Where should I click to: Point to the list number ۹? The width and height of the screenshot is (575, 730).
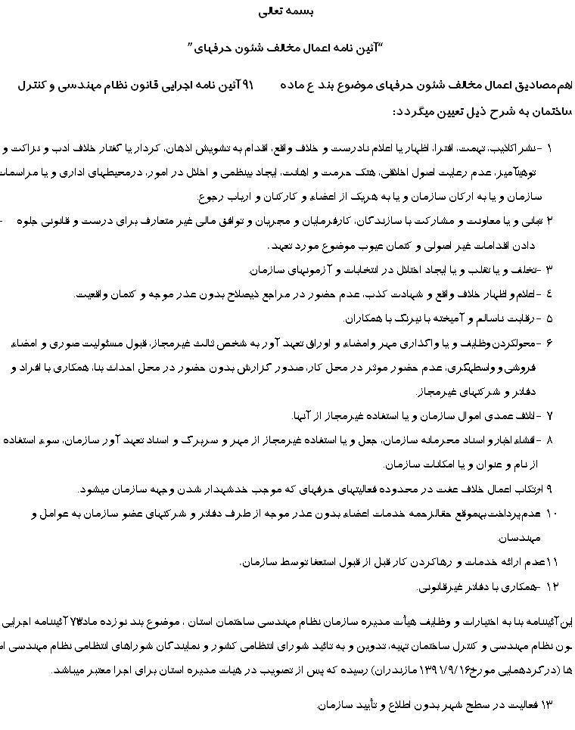coord(549,489)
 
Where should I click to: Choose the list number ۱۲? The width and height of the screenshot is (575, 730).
coord(551,586)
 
